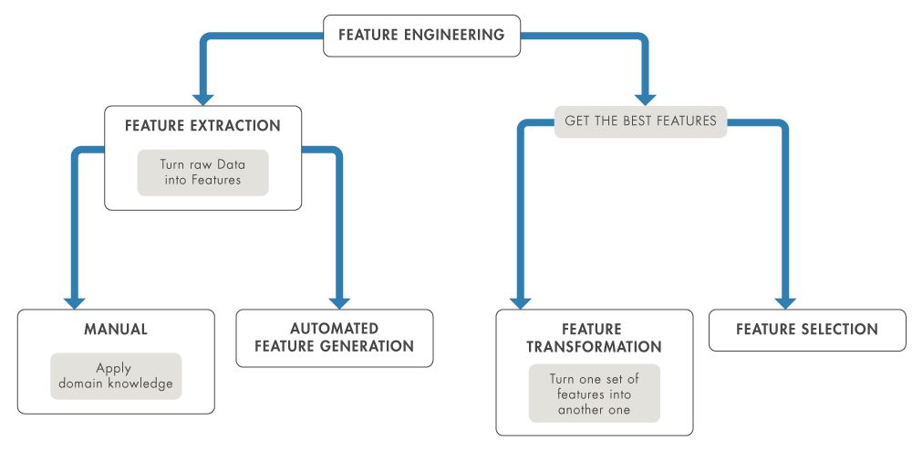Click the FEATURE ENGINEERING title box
click(421, 36)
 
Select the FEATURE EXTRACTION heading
click(202, 126)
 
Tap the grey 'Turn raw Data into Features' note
click(202, 172)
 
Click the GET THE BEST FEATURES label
click(640, 121)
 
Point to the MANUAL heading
click(115, 328)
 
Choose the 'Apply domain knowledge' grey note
click(115, 375)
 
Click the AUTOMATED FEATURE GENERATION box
click(334, 338)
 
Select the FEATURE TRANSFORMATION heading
click(593, 338)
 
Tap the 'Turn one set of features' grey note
click(594, 393)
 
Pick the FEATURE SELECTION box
click(807, 330)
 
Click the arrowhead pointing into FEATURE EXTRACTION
click(202, 97)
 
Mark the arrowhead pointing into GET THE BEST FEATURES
click(646, 97)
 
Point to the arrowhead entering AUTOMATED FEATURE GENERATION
click(339, 301)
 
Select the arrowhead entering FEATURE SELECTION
click(785, 301)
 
